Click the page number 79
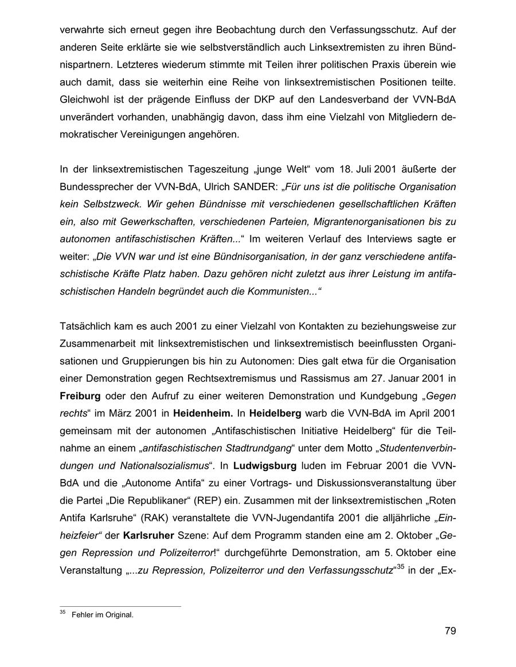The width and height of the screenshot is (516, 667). tap(449, 631)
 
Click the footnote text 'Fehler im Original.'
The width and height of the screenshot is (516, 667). tap(103, 615)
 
